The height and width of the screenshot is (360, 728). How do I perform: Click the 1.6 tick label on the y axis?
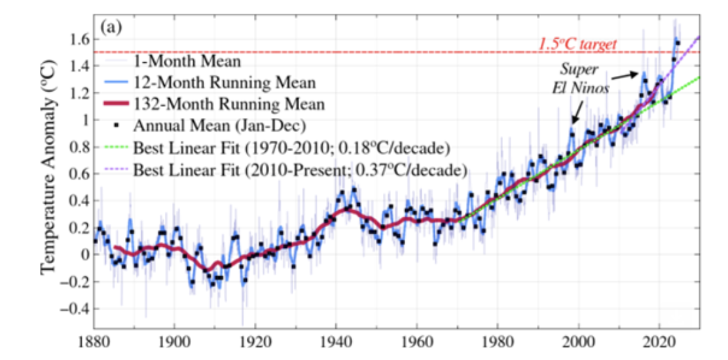pyautogui.click(x=79, y=39)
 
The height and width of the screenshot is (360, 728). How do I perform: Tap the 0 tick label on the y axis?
pyautogui.click(x=83, y=255)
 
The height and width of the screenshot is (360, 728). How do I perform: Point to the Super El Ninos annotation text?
pyautogui.click(x=579, y=77)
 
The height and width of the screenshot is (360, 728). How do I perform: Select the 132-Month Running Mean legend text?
pyautogui.click(x=229, y=103)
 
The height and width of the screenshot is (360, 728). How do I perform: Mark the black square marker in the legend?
pyautogui.click(x=116, y=124)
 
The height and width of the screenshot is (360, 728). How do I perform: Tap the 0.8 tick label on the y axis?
pyautogui.click(x=79, y=147)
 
